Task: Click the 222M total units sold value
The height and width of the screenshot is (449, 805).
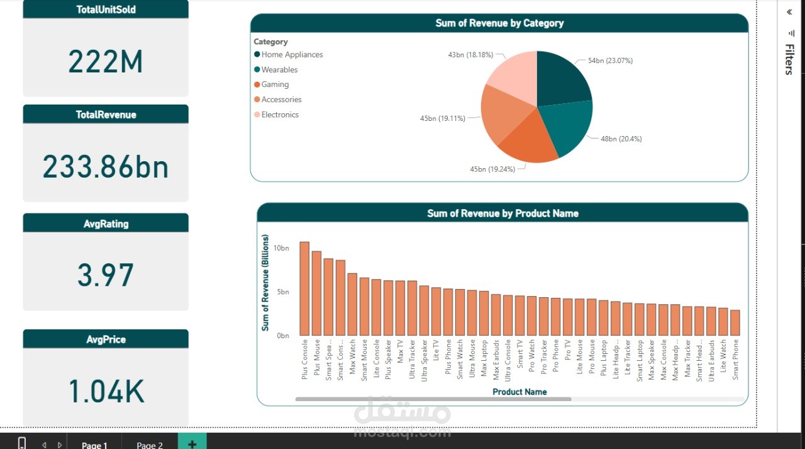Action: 106,62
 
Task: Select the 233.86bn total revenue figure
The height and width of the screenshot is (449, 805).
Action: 106,167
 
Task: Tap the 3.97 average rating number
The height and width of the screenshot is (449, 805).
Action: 106,275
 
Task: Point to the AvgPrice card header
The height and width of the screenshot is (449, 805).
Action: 106,339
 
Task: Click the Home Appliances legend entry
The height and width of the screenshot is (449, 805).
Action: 292,55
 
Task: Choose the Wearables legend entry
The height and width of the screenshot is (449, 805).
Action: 279,70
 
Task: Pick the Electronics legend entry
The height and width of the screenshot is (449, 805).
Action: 280,115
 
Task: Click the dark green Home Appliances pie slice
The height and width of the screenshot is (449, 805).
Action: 561,79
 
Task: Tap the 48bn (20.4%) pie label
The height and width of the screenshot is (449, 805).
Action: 621,139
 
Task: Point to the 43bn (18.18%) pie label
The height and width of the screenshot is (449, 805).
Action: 470,55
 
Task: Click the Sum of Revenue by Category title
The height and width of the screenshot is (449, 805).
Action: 499,23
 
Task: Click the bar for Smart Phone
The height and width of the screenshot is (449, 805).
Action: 735,322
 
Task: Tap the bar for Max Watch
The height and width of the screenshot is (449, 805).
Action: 352,304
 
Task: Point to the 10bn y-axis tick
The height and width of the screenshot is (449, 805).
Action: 281,248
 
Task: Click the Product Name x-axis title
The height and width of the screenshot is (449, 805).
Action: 519,392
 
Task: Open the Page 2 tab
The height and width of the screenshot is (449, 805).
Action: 150,445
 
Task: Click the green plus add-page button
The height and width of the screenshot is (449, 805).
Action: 192,443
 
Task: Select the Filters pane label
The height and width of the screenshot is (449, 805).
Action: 789,60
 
